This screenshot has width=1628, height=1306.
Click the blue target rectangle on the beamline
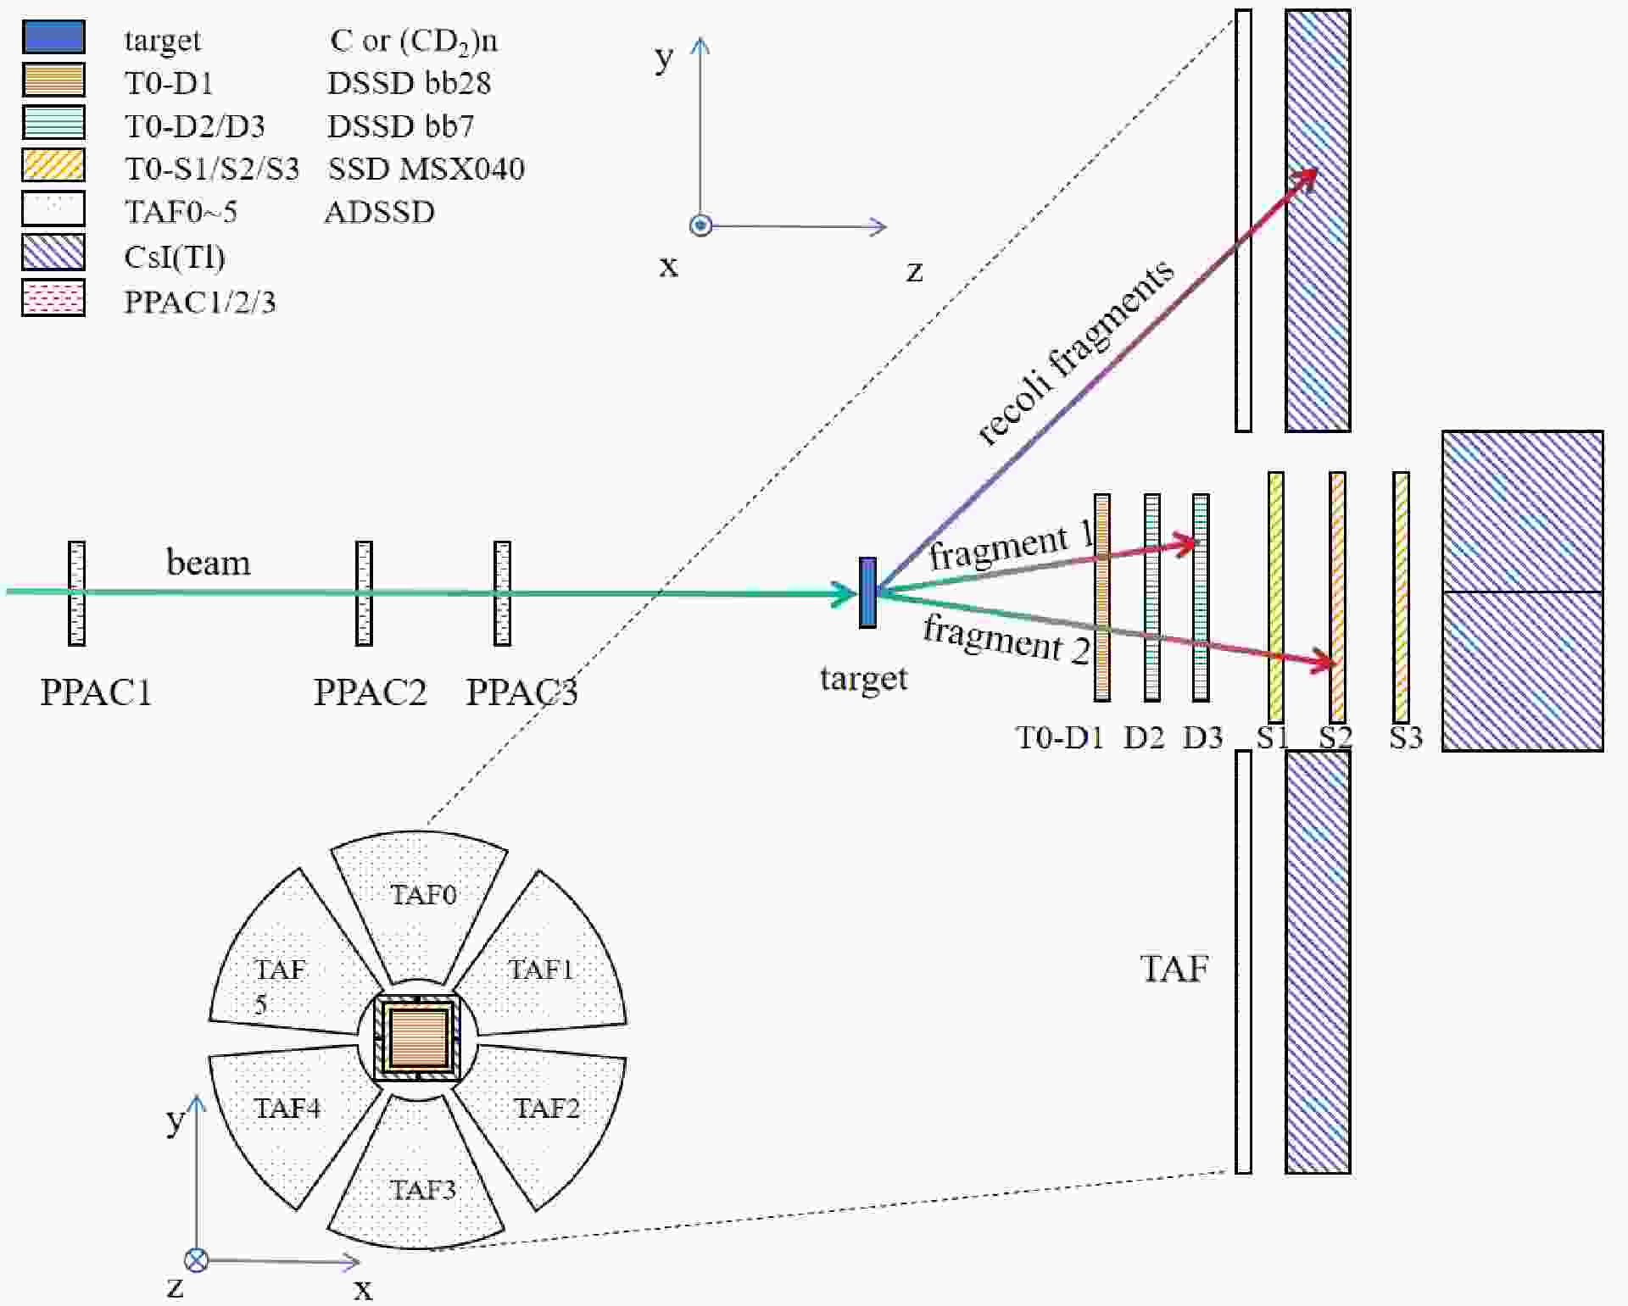tap(867, 592)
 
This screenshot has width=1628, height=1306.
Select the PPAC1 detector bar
tap(76, 593)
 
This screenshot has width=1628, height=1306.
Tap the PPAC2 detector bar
tap(364, 593)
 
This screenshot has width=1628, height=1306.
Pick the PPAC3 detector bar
tap(502, 593)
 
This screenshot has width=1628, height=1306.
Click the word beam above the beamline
tap(208, 564)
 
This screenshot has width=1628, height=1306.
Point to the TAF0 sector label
tap(423, 895)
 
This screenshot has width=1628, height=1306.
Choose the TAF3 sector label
tap(422, 1190)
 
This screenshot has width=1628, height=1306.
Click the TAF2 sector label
tap(547, 1109)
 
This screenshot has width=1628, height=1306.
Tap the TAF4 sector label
tap(287, 1109)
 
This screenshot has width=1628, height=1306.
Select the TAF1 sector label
tap(541, 970)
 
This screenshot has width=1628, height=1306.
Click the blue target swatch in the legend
tap(53, 37)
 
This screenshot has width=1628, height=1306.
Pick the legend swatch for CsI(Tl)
tap(53, 253)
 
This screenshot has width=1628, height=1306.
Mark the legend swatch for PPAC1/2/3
tap(53, 298)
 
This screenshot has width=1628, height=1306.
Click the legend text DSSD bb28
tap(409, 83)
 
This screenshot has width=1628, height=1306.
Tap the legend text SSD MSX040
tap(426, 170)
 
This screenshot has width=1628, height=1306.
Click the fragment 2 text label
tap(1006, 640)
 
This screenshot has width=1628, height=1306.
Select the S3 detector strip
tap(1401, 597)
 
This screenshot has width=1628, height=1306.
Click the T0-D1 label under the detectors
tap(1059, 737)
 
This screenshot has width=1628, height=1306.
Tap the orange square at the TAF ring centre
tap(418, 1038)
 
